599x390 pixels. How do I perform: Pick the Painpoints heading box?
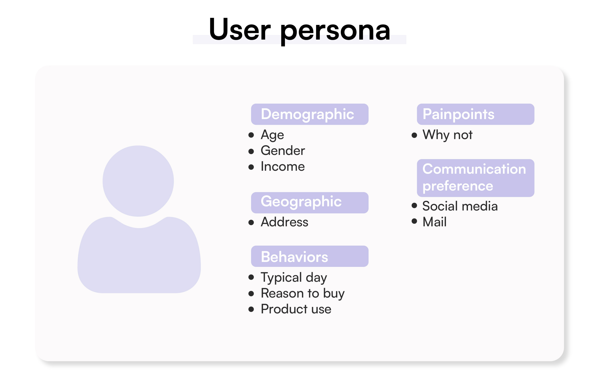[x=475, y=114]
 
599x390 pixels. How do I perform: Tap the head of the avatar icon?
[x=138, y=181]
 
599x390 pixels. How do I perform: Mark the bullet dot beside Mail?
[x=414, y=221]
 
